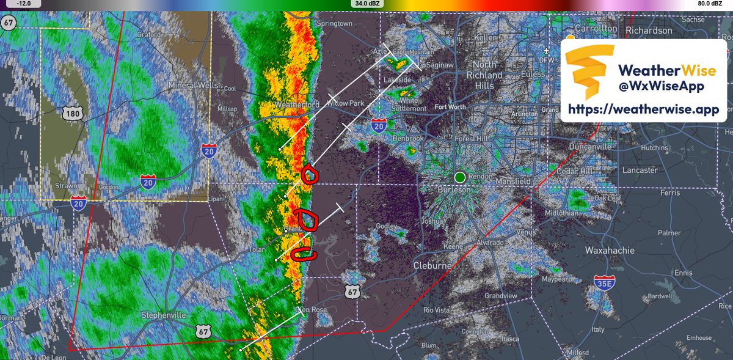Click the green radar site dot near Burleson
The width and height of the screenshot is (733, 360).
click(x=459, y=177)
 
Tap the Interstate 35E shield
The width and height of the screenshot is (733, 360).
click(x=603, y=282)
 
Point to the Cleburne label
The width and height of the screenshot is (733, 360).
click(x=432, y=266)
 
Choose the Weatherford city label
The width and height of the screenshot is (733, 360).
click(x=297, y=105)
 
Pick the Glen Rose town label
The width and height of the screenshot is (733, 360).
click(x=312, y=310)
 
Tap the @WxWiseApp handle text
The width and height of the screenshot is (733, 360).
click(x=662, y=86)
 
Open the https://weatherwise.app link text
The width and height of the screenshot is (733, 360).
click(x=643, y=110)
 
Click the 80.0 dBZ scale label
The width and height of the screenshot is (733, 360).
click(x=712, y=3)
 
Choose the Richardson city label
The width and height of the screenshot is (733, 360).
click(x=652, y=31)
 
